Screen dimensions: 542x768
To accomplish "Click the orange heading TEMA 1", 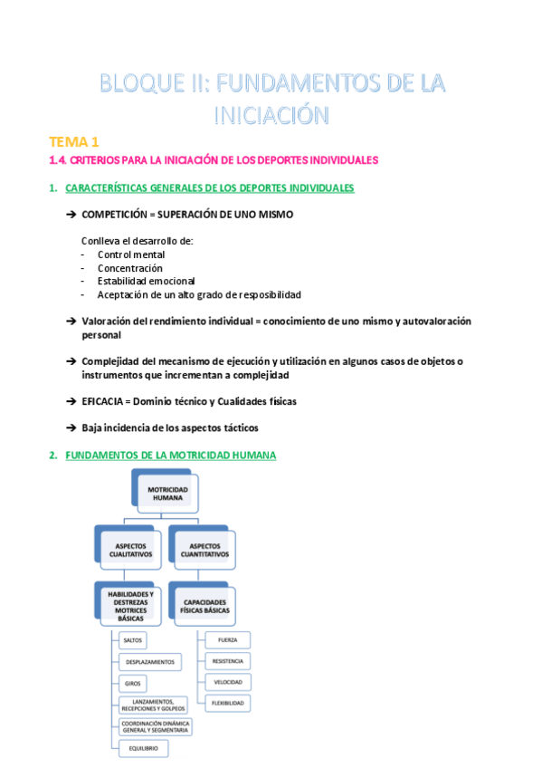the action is pos(74,141).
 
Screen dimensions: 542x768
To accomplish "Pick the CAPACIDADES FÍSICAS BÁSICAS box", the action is pos(204,607).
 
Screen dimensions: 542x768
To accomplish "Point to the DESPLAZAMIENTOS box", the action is pos(149,662).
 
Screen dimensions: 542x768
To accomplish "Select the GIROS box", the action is pos(132,683).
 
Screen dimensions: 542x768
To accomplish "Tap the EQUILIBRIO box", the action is pos(144,748).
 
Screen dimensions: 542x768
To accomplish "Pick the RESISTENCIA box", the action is pos(227,662).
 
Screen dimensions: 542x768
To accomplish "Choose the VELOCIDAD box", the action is pos(227,682).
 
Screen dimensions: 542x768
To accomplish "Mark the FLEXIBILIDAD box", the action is pos(227,703).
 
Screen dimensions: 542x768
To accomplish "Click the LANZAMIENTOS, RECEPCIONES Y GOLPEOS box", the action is pos(153,705).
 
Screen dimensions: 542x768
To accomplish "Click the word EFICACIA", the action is pos(105,400).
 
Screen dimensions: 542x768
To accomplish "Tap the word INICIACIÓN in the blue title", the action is pos(271,115).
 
